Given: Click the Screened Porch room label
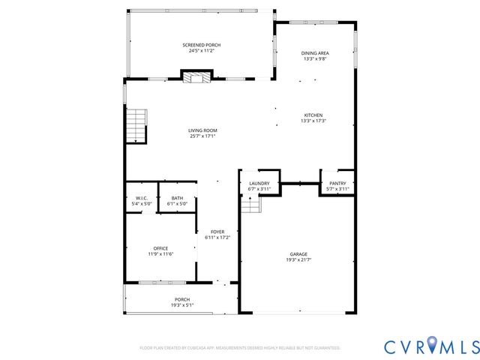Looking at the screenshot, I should (x=201, y=45).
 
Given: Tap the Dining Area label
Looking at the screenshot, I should (x=315, y=53).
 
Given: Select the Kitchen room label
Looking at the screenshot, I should (x=313, y=115).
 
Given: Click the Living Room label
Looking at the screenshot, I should (x=202, y=130).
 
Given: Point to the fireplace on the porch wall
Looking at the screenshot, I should (x=196, y=76).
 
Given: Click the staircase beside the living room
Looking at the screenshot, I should (x=135, y=125).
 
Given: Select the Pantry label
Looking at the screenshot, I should (x=337, y=184).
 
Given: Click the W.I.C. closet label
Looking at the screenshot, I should (x=142, y=198).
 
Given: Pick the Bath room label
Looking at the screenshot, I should (x=177, y=198).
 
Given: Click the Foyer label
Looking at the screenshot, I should (x=217, y=232).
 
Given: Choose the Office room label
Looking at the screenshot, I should (x=160, y=248).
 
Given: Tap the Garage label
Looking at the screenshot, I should (x=298, y=254).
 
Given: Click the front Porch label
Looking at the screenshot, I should (x=182, y=300).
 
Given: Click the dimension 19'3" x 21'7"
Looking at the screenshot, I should (x=298, y=259).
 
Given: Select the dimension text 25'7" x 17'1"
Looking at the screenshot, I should (x=202, y=136).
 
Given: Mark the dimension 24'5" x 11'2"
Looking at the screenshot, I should (x=201, y=50).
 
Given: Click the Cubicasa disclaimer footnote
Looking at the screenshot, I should (x=239, y=348).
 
